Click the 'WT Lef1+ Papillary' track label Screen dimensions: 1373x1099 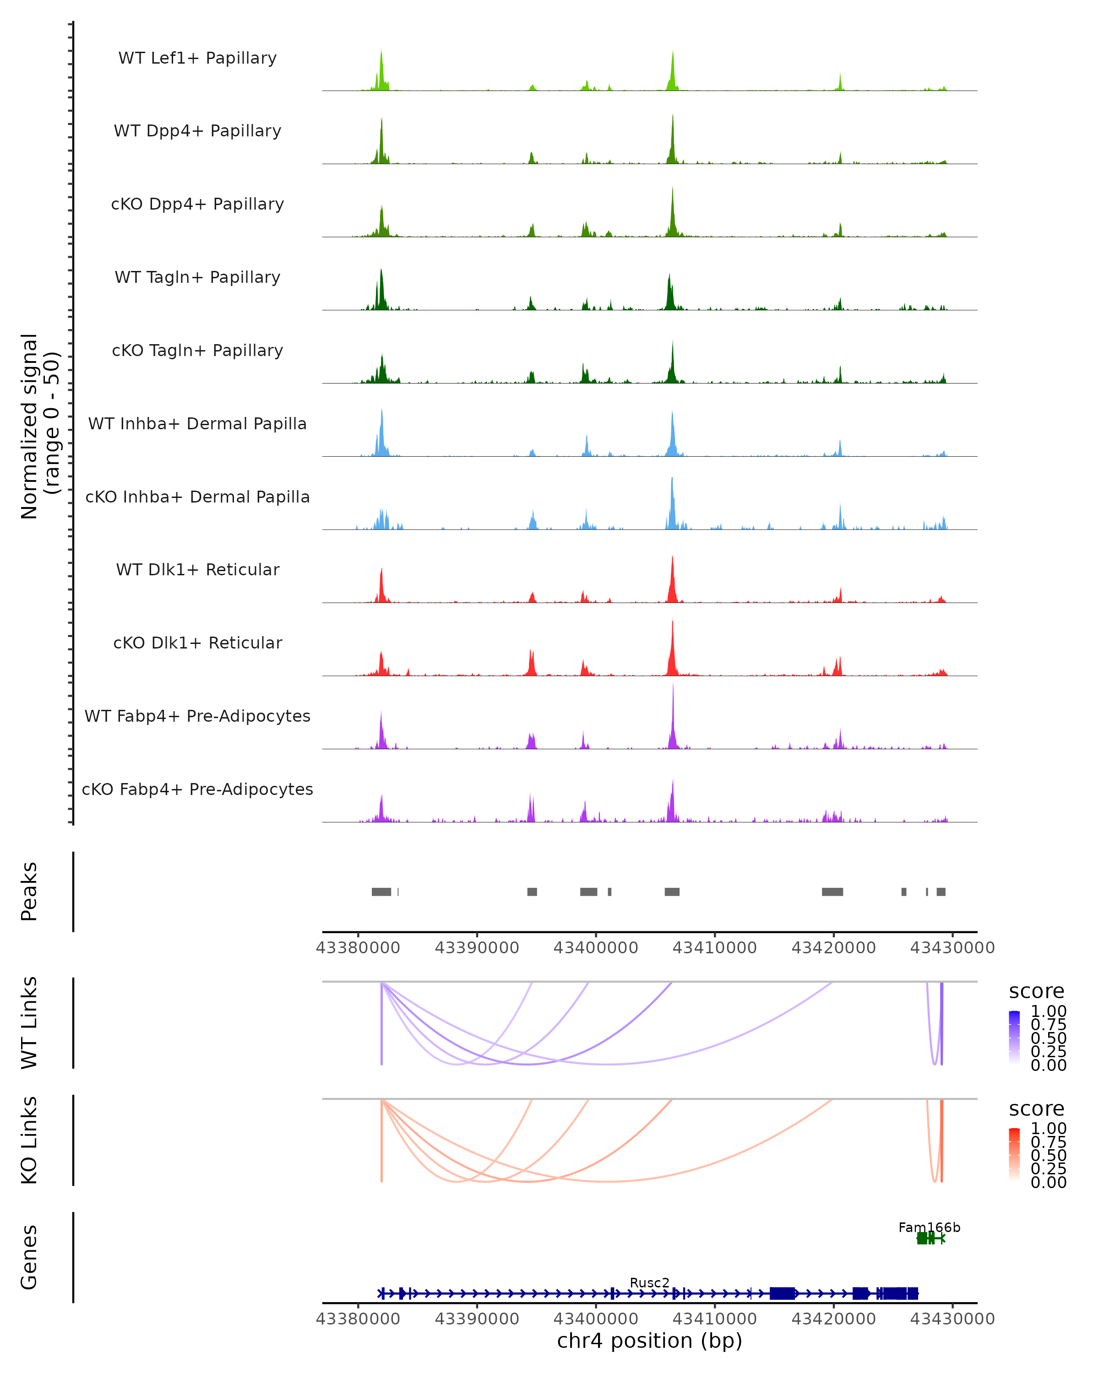[x=197, y=58]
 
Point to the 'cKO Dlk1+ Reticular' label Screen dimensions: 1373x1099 [x=197, y=643]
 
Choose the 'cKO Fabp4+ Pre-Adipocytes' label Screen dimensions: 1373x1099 [x=197, y=789]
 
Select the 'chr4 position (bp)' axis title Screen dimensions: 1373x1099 [x=649, y=1341]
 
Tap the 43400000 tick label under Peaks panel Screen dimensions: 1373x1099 [x=596, y=948]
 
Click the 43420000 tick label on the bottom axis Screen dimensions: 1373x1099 [x=833, y=1319]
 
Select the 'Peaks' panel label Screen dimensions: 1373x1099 [x=29, y=891]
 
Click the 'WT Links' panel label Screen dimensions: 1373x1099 [x=29, y=1023]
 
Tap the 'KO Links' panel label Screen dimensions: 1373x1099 [x=29, y=1140]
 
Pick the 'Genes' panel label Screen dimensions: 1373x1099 [x=29, y=1257]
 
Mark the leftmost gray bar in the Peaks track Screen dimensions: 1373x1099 [x=381, y=892]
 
